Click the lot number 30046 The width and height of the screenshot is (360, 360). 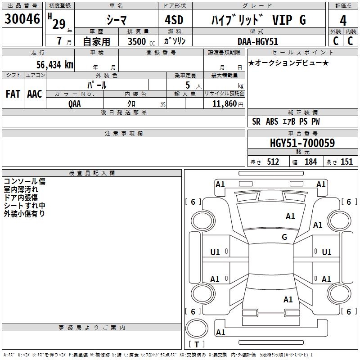[x=22, y=20]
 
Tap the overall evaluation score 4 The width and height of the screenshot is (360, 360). [x=343, y=21]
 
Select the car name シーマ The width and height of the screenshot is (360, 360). [x=117, y=20]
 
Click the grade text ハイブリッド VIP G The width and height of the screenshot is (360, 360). [x=258, y=20]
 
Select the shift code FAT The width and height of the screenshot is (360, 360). [x=13, y=94]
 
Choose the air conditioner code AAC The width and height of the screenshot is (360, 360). [x=35, y=94]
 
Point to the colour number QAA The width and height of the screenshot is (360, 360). [x=75, y=103]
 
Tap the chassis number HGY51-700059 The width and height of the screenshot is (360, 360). [x=302, y=143]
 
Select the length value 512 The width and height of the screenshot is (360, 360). [x=272, y=162]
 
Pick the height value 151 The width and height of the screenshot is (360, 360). [x=346, y=162]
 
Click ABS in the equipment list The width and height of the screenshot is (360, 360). [x=272, y=121]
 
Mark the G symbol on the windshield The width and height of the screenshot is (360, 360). [x=284, y=237]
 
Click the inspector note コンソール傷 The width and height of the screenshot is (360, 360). [x=25, y=181]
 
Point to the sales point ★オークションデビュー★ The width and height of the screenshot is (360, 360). [x=288, y=63]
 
